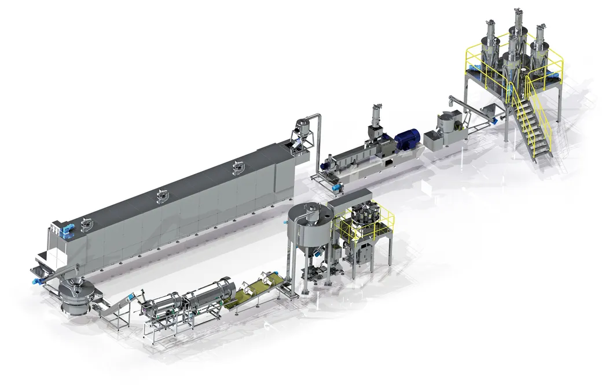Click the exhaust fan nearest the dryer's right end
(x=237, y=168)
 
